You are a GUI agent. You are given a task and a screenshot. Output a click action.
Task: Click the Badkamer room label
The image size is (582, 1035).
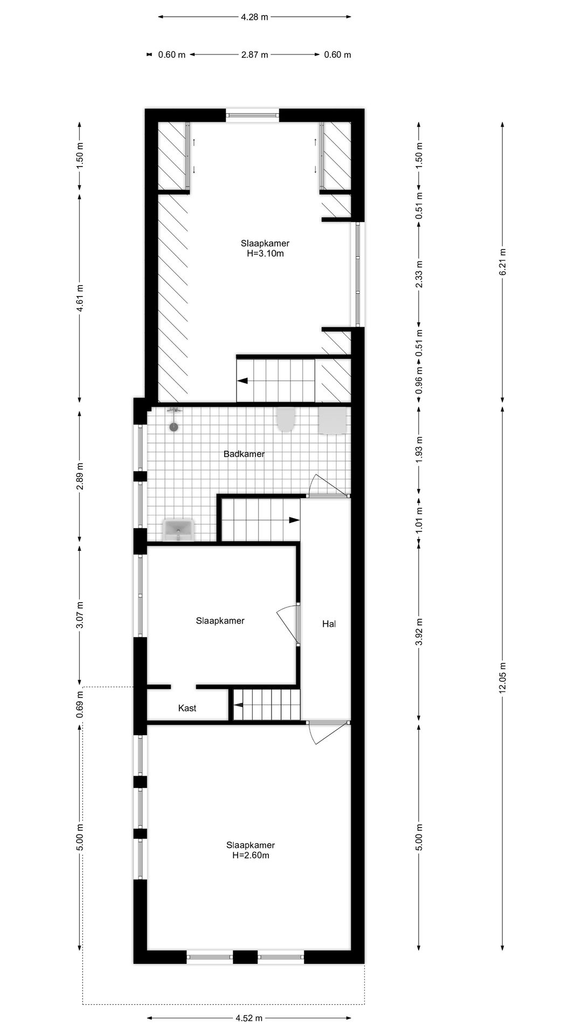tap(244, 454)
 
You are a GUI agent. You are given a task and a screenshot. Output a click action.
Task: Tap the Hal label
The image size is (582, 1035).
tap(329, 624)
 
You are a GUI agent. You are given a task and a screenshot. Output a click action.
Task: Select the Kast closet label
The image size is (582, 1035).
tap(187, 708)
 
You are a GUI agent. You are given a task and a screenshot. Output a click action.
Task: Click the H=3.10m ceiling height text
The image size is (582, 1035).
tap(265, 253)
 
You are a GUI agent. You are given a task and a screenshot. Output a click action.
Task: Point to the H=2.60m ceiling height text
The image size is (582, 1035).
tap(251, 855)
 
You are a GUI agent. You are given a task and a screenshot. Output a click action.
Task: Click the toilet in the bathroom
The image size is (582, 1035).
tap(285, 419)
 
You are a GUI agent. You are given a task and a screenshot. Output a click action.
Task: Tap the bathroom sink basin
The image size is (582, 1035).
tap(178, 529)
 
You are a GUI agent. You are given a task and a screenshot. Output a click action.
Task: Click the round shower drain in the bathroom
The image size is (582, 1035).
tap(174, 427)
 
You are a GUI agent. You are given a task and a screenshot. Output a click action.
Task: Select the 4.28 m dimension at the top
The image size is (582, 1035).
tap(254, 17)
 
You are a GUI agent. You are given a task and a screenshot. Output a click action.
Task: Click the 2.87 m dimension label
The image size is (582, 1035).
tap(254, 54)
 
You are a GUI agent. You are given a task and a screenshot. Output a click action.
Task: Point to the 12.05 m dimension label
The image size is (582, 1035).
tap(502, 677)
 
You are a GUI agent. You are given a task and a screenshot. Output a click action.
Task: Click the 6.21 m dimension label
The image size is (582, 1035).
tap(502, 261)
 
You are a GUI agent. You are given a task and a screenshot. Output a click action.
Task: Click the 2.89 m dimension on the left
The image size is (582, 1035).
tap(80, 477)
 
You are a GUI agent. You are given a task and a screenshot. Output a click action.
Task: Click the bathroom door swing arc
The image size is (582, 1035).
tap(327, 484)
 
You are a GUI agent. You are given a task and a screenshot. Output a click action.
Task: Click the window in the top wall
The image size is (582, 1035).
tap(252, 114)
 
